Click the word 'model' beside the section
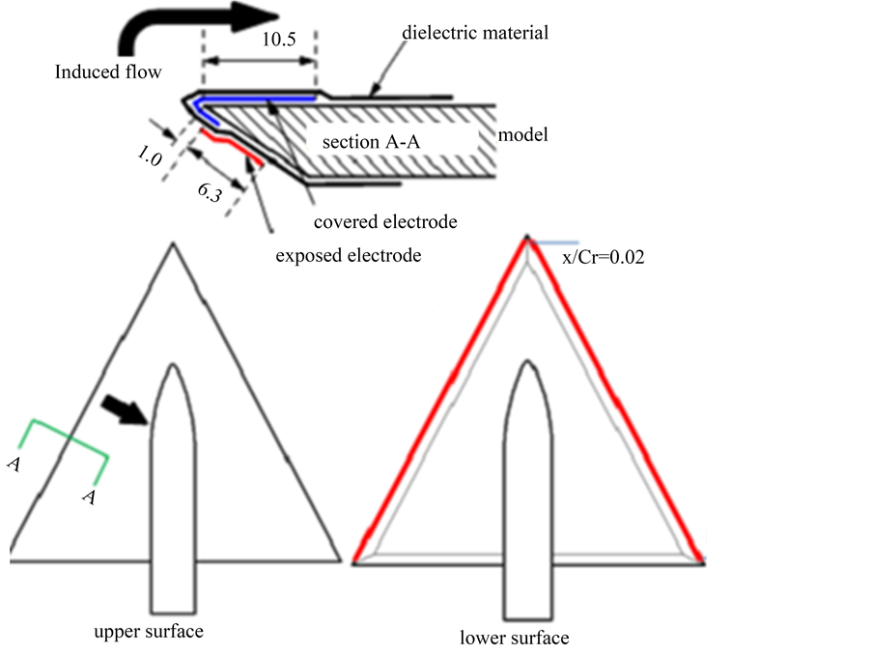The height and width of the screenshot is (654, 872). click(x=522, y=134)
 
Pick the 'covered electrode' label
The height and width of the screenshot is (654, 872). click(x=385, y=221)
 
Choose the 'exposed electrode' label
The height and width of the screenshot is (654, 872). click(x=348, y=256)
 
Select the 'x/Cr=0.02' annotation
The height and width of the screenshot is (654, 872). click(x=604, y=258)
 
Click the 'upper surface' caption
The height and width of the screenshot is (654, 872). click(x=149, y=633)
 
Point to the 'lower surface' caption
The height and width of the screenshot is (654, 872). click(x=515, y=638)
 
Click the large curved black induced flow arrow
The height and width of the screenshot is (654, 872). click(x=193, y=27)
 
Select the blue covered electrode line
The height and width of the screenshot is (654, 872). click(x=261, y=98)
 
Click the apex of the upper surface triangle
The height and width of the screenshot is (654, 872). click(x=173, y=245)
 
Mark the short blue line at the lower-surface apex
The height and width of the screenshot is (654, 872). click(x=556, y=242)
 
